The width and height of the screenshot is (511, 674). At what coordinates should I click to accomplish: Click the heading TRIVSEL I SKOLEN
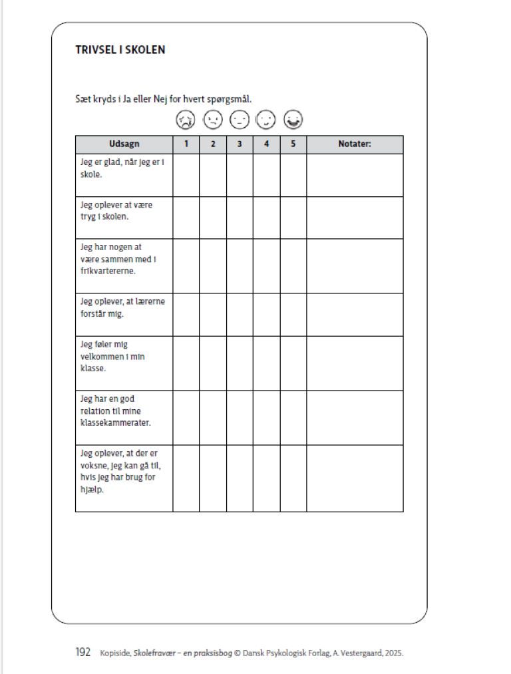[x=120, y=50]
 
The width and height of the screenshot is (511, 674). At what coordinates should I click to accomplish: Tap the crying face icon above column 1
[x=185, y=120]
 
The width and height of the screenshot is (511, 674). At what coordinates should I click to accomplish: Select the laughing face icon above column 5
[x=293, y=120]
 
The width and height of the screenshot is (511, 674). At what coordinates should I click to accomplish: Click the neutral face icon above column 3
[x=239, y=120]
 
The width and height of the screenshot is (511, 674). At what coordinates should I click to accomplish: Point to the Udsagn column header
[x=124, y=144]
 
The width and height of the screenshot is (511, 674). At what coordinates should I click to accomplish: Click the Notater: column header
[x=354, y=144]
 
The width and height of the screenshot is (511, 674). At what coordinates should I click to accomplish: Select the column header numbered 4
[x=266, y=144]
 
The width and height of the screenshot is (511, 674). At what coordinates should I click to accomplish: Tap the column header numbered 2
[x=212, y=144]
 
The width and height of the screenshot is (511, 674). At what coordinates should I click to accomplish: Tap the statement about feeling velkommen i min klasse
[x=112, y=356]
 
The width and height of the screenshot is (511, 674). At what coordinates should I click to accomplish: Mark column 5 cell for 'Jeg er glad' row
[x=293, y=175]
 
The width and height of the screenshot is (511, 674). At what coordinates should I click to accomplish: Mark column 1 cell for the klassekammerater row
[x=186, y=417]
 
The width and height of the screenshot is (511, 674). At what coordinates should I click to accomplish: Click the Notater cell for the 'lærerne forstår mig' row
[x=354, y=314]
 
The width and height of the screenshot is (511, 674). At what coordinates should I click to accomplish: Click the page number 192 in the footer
[x=83, y=653]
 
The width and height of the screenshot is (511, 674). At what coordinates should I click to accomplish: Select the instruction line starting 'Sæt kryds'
[x=163, y=99]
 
